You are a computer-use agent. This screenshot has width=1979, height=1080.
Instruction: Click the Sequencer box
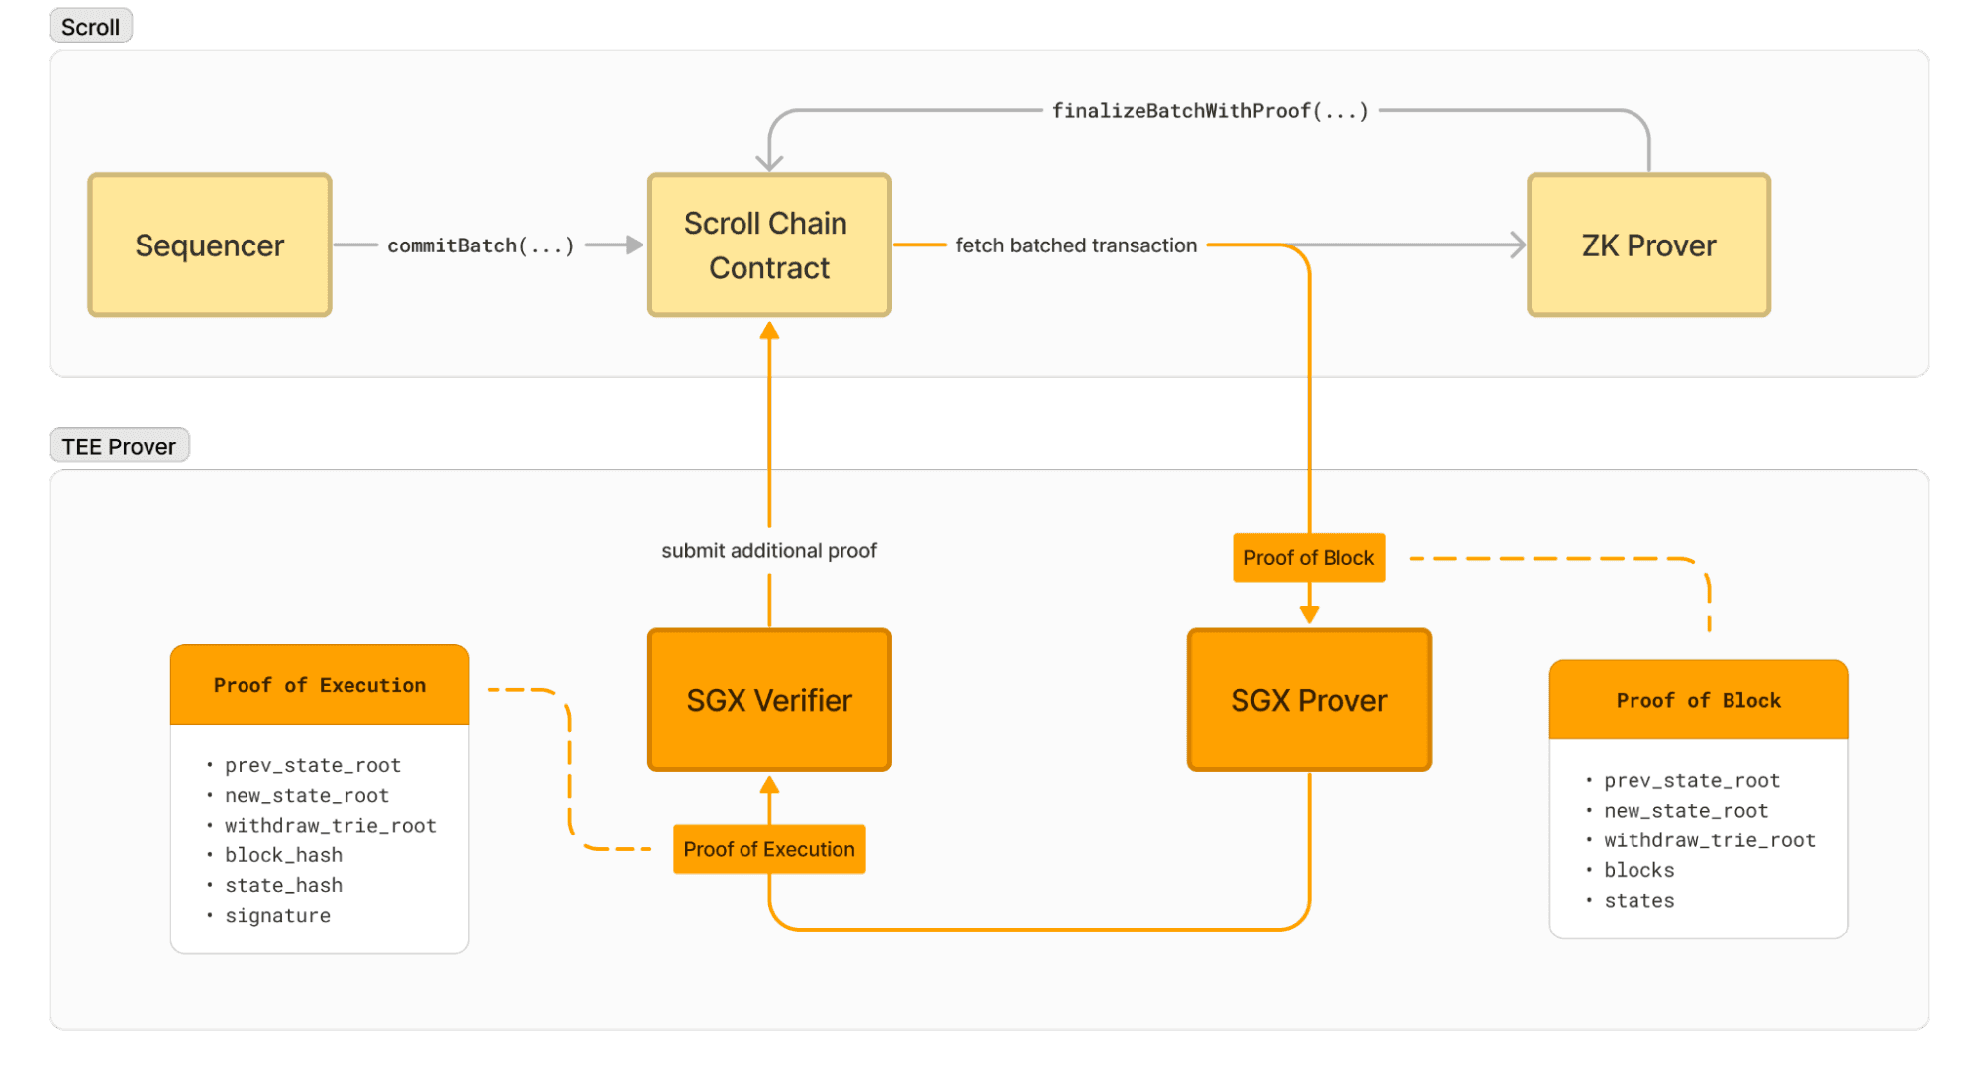(x=209, y=245)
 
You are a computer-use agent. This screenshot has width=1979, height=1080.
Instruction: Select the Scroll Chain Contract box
(x=769, y=245)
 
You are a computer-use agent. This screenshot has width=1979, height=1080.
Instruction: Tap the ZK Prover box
(x=1648, y=245)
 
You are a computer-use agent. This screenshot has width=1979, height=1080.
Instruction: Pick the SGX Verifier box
(x=769, y=700)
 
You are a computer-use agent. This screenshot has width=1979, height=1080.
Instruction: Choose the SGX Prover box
(x=1309, y=700)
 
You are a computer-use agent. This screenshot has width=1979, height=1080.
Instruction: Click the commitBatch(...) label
(x=481, y=245)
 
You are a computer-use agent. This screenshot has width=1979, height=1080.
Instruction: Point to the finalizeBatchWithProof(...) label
(x=1210, y=111)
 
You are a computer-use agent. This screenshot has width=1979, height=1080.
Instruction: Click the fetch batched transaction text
(x=1076, y=245)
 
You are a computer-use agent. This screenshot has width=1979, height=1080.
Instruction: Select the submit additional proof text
(x=769, y=551)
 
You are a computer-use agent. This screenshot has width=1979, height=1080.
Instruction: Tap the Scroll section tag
(x=90, y=27)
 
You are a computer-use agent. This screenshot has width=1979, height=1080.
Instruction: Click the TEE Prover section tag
(x=119, y=446)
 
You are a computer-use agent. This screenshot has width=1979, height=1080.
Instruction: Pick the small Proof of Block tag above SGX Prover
(x=1309, y=558)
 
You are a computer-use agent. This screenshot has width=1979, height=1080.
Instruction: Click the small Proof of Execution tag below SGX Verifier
(x=769, y=849)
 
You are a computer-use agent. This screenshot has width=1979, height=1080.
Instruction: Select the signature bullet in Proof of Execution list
(x=277, y=916)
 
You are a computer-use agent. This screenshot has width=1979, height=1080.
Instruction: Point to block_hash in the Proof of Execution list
(x=283, y=855)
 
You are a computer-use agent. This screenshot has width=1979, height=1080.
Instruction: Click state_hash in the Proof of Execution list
(x=283, y=885)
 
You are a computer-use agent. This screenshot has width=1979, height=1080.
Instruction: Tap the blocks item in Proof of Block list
(x=1639, y=870)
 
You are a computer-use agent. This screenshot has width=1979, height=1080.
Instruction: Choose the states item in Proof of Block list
(x=1639, y=901)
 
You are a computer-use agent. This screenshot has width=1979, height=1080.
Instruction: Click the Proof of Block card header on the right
(x=1699, y=701)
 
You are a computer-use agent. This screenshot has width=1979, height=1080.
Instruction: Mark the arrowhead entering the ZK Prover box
(x=1518, y=245)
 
